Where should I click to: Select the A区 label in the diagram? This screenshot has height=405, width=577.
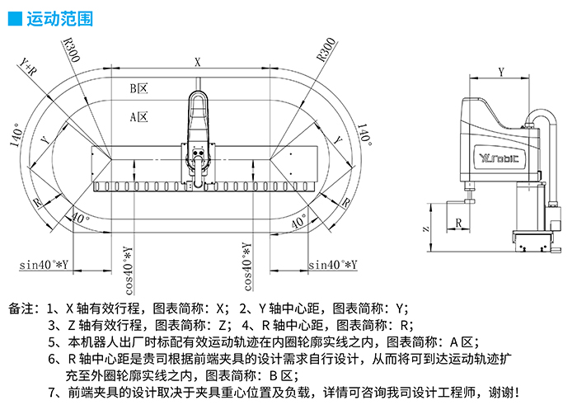click(138, 117)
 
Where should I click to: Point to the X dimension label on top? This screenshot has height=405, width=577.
click(197, 61)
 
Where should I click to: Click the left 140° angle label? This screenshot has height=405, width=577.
click(16, 131)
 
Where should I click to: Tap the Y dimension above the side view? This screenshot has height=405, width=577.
click(501, 71)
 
